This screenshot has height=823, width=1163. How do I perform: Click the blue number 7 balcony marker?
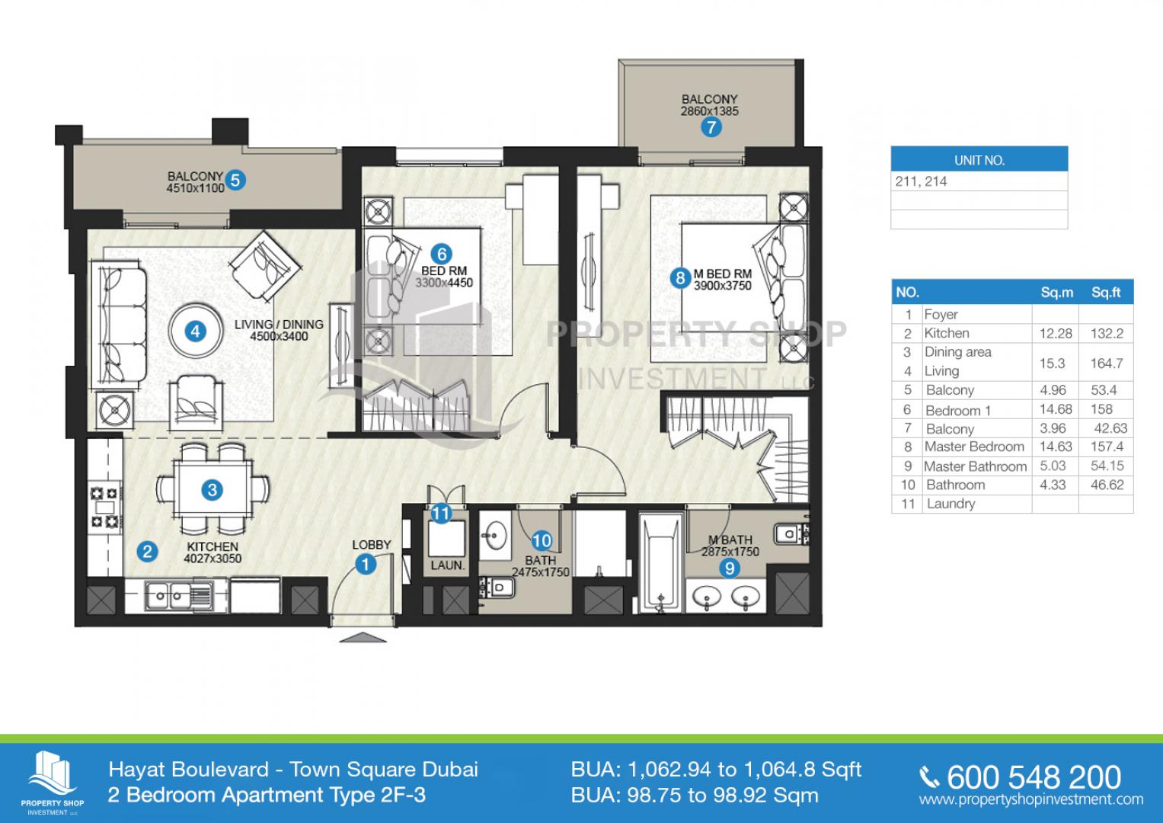point(711,126)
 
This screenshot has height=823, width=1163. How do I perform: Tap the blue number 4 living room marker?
point(195,331)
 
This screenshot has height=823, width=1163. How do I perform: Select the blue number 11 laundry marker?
point(441,514)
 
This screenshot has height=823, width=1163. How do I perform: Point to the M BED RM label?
point(723,274)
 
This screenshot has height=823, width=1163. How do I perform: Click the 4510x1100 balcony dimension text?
point(195,188)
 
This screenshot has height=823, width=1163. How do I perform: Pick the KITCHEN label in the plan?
point(212,546)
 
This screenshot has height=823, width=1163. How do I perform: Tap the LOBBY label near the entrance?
point(371,545)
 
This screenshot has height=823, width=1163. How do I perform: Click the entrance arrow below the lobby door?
point(363,638)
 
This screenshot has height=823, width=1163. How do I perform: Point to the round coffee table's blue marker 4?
point(195,331)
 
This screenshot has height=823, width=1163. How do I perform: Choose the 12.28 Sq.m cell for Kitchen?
point(1056,334)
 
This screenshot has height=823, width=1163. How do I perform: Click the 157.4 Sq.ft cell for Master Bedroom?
point(1107,447)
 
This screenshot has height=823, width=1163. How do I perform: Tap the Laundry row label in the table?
point(951,504)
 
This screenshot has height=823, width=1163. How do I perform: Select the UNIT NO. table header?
point(979,160)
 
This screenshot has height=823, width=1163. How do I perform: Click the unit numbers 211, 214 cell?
point(921,181)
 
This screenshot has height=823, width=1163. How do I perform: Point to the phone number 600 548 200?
point(1034,777)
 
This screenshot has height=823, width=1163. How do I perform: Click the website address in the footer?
point(1031,799)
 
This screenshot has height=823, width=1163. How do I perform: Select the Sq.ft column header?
point(1106,293)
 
